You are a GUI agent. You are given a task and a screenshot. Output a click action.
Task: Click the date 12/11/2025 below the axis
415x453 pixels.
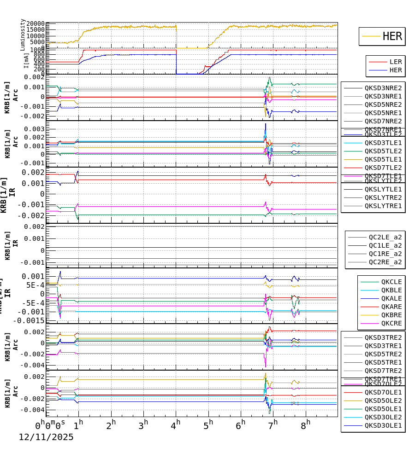(46, 437)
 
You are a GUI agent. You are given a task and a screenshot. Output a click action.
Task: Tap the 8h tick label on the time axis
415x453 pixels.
(305, 423)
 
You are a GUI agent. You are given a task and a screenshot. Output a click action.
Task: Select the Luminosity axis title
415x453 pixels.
(23, 35)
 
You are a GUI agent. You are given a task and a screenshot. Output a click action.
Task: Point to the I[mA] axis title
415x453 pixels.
(26, 61)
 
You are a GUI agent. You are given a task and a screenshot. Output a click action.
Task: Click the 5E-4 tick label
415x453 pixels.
(35, 285)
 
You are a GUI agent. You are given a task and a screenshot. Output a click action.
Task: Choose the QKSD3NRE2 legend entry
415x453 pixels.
(383, 88)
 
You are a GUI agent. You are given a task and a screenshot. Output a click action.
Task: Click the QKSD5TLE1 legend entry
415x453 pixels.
(383, 159)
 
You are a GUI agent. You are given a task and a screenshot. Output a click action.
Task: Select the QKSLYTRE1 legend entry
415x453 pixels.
(383, 206)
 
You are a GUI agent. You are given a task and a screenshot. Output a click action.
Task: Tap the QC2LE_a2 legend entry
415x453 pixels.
(385, 237)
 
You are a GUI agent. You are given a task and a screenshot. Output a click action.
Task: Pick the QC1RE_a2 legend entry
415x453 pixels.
(385, 254)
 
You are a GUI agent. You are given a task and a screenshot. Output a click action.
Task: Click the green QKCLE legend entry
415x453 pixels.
(391, 282)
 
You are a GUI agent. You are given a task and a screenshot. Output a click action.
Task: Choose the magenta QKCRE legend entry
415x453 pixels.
(391, 323)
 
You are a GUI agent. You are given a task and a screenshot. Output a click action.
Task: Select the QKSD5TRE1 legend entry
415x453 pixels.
(383, 362)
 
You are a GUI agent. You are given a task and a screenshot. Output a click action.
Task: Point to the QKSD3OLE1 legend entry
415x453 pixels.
(383, 425)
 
